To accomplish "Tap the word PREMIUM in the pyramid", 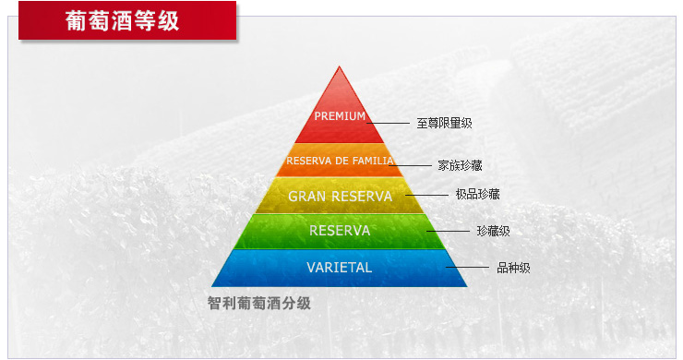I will click(340, 116).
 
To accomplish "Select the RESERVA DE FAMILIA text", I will click(340, 161).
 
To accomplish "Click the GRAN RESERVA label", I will click(340, 196).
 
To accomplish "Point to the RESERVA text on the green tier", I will click(340, 231).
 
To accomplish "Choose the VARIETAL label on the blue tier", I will click(340, 268).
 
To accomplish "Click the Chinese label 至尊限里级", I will click(444, 123).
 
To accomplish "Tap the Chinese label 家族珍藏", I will click(460, 165).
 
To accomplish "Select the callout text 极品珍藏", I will click(477, 194).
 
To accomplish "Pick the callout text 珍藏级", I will click(493, 231).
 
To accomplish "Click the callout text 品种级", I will click(513, 268).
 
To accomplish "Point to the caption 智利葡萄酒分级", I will click(258, 302).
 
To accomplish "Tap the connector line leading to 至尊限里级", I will click(388, 122).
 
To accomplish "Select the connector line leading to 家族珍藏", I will click(418, 165).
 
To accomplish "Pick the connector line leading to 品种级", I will click(467, 268).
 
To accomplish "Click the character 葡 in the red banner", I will click(77, 20).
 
